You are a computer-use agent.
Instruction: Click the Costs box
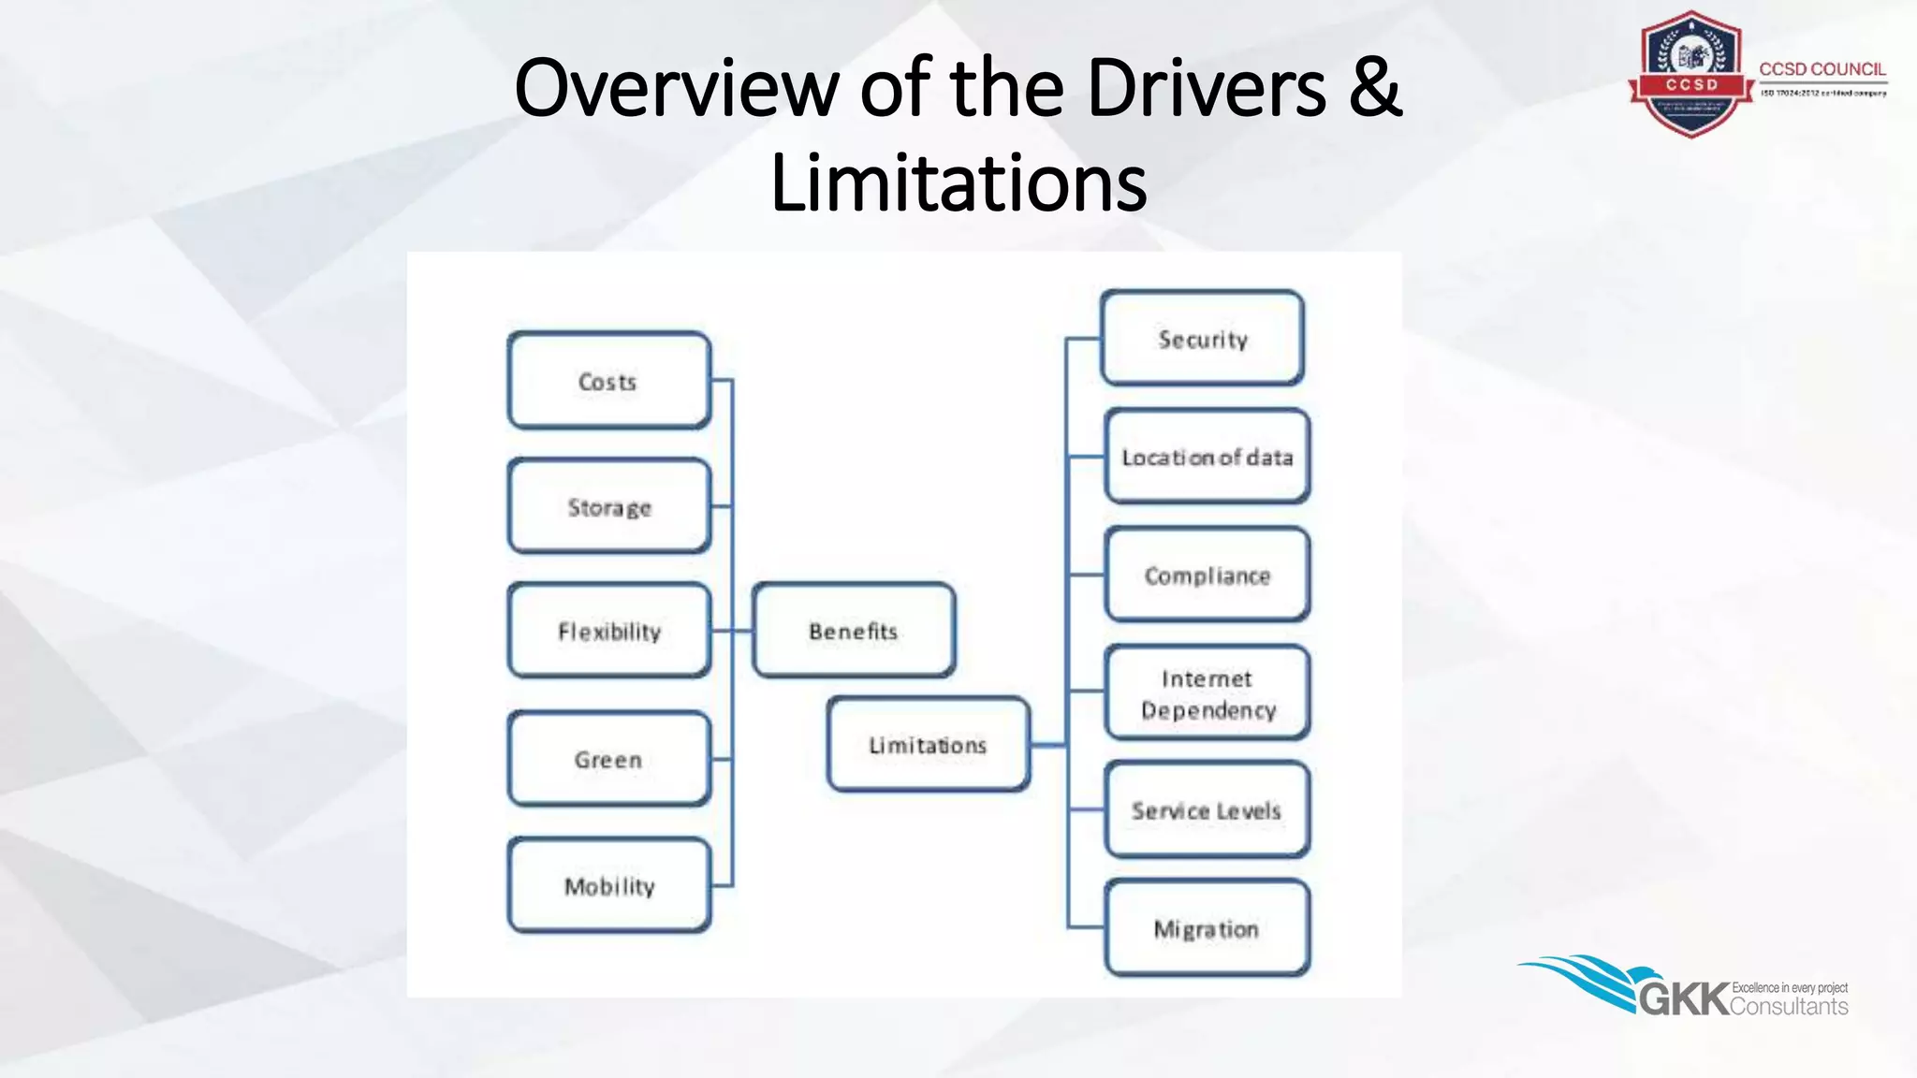(x=608, y=381)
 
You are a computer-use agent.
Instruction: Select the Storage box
(x=608, y=506)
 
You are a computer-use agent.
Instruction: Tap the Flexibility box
(x=608, y=631)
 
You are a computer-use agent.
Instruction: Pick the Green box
(x=608, y=759)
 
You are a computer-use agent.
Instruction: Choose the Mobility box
(x=608, y=885)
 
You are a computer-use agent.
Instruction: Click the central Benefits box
(x=853, y=631)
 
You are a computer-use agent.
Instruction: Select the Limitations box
(x=928, y=745)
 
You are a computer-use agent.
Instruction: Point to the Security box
(x=1202, y=339)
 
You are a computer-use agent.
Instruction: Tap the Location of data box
(x=1207, y=457)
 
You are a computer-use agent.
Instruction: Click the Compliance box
(x=1207, y=575)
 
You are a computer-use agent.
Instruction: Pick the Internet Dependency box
(x=1207, y=693)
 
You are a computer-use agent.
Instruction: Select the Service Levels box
(x=1207, y=810)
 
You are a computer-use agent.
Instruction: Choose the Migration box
(x=1207, y=928)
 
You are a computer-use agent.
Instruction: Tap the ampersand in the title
(x=1374, y=88)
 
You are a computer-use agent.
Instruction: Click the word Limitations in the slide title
(x=958, y=183)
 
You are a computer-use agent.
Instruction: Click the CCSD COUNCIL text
(x=1822, y=69)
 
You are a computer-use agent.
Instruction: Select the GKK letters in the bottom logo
(x=1684, y=999)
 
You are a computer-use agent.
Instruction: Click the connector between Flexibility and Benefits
(x=731, y=631)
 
